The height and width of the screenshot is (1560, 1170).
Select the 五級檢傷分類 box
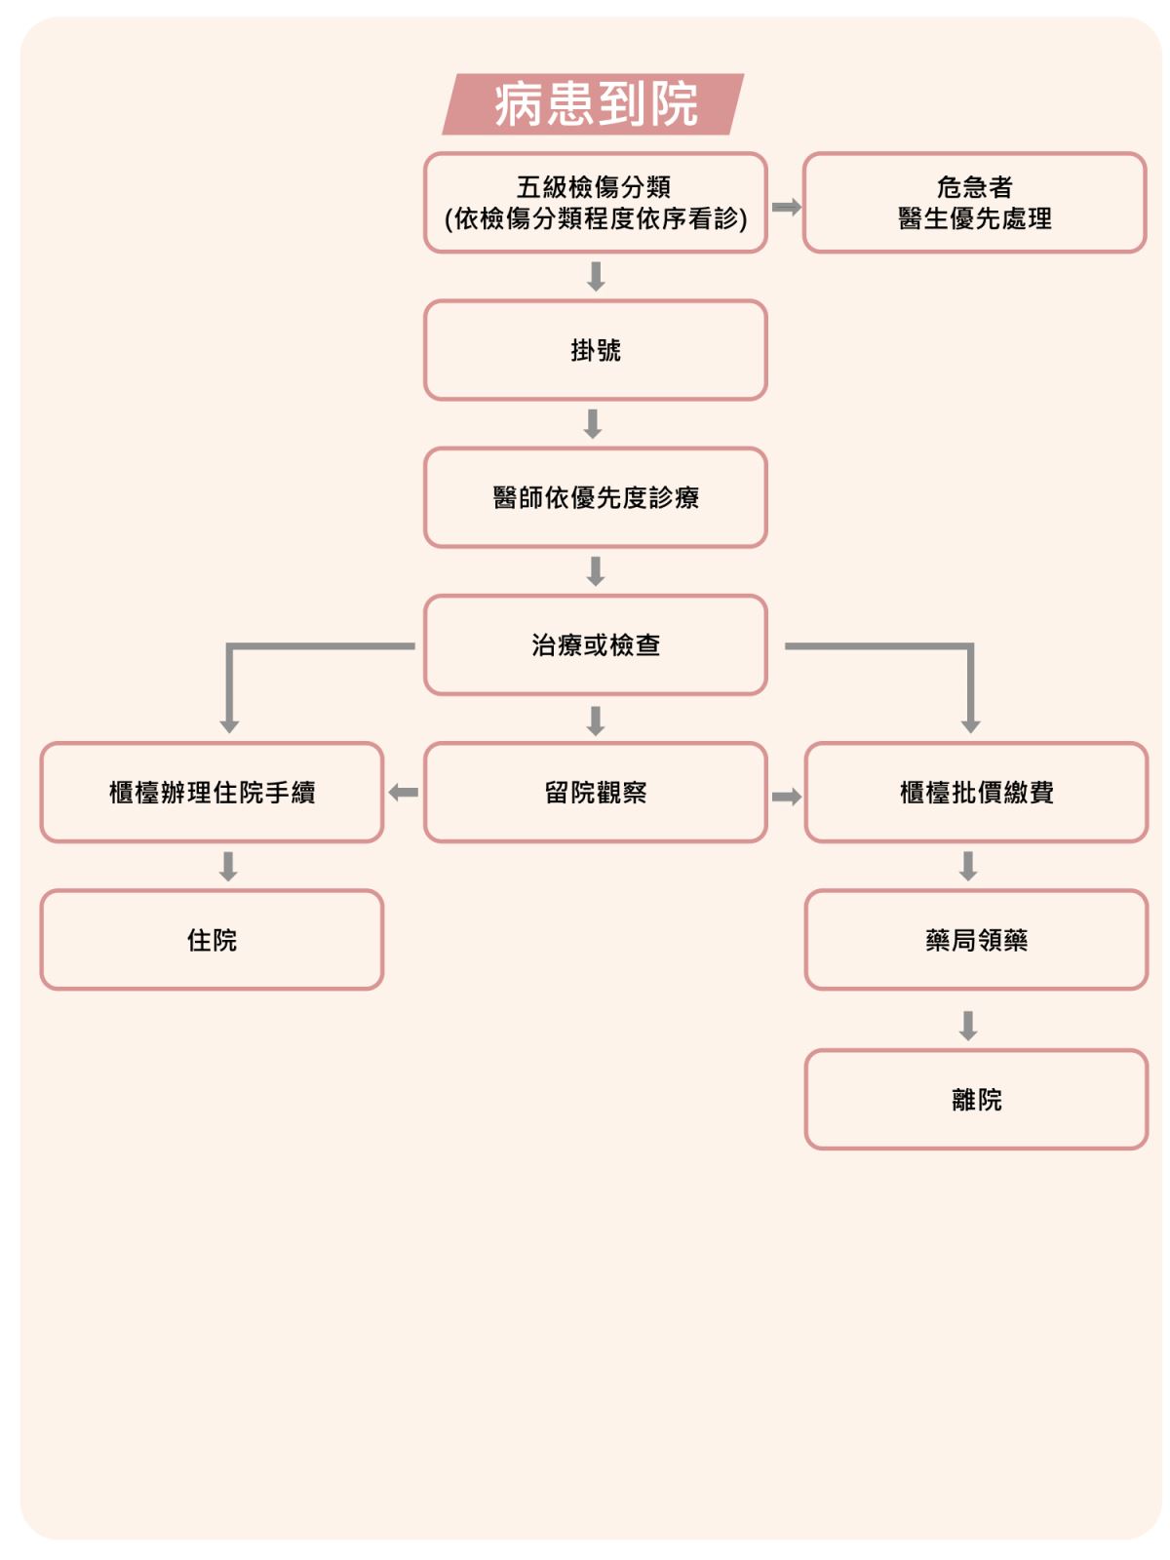595,203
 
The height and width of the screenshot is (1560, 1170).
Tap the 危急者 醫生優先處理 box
973,203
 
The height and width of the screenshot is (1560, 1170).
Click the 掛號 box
595,350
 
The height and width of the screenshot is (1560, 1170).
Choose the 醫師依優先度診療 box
595,497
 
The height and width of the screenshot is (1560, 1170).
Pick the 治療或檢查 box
595,643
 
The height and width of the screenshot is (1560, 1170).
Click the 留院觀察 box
595,791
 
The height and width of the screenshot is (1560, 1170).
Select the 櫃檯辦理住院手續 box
212,791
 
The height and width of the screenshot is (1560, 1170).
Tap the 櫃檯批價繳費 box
975,791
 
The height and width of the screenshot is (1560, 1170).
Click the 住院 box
212,939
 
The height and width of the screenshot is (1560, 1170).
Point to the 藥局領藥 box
975,939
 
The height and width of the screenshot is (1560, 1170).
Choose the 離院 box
975,1099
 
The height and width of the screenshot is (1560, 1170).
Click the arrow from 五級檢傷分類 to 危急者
786,207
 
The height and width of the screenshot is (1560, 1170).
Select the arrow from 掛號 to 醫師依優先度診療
592,423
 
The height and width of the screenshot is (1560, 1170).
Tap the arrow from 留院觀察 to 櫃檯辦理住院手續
404,792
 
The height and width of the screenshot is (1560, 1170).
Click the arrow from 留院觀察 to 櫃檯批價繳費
786,796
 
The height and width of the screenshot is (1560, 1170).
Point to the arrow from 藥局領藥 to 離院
967,1025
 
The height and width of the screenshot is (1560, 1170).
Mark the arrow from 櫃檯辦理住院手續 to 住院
228,866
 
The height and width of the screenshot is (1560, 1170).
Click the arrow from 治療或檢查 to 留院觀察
596,720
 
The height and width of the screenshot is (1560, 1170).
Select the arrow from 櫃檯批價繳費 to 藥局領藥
967,865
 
